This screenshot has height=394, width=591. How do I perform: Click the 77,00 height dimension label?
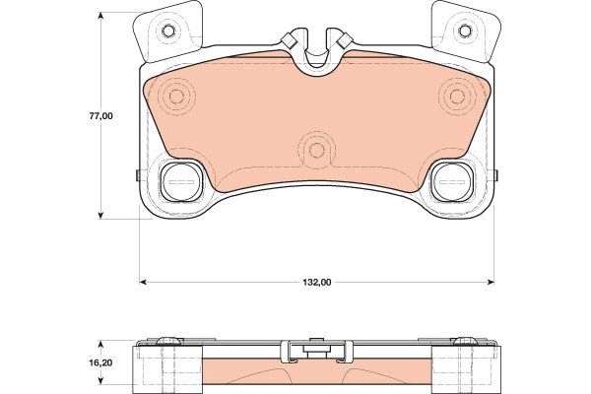pos(100,116)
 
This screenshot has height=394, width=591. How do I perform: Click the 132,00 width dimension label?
pos(316,282)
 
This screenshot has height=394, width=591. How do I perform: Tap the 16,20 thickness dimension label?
pos(100,363)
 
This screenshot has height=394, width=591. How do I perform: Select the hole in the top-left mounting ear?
pos(168,31)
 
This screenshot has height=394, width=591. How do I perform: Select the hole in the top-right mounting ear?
pos(465,31)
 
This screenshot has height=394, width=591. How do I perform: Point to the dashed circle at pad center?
pos(316,151)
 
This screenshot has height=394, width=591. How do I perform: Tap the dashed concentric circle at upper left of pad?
pos(176,97)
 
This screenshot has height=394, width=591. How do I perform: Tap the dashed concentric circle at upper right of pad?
pos(457,97)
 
